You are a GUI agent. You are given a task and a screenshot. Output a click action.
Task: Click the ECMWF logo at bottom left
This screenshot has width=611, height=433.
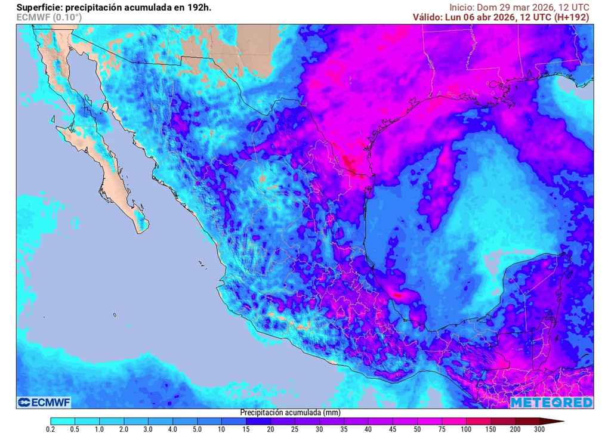[x=44, y=402]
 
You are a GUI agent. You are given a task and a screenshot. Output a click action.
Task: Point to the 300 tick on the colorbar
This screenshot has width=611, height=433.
[x=540, y=428]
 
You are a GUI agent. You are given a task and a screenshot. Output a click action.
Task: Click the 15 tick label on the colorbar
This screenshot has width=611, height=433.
[x=246, y=428]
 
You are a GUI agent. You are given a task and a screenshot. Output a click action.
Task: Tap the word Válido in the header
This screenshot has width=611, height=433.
[x=427, y=17]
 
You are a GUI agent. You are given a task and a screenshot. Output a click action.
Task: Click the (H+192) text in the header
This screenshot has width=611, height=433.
[x=572, y=17]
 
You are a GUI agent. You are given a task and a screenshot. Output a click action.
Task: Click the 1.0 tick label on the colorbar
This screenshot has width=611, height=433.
[x=99, y=428]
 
